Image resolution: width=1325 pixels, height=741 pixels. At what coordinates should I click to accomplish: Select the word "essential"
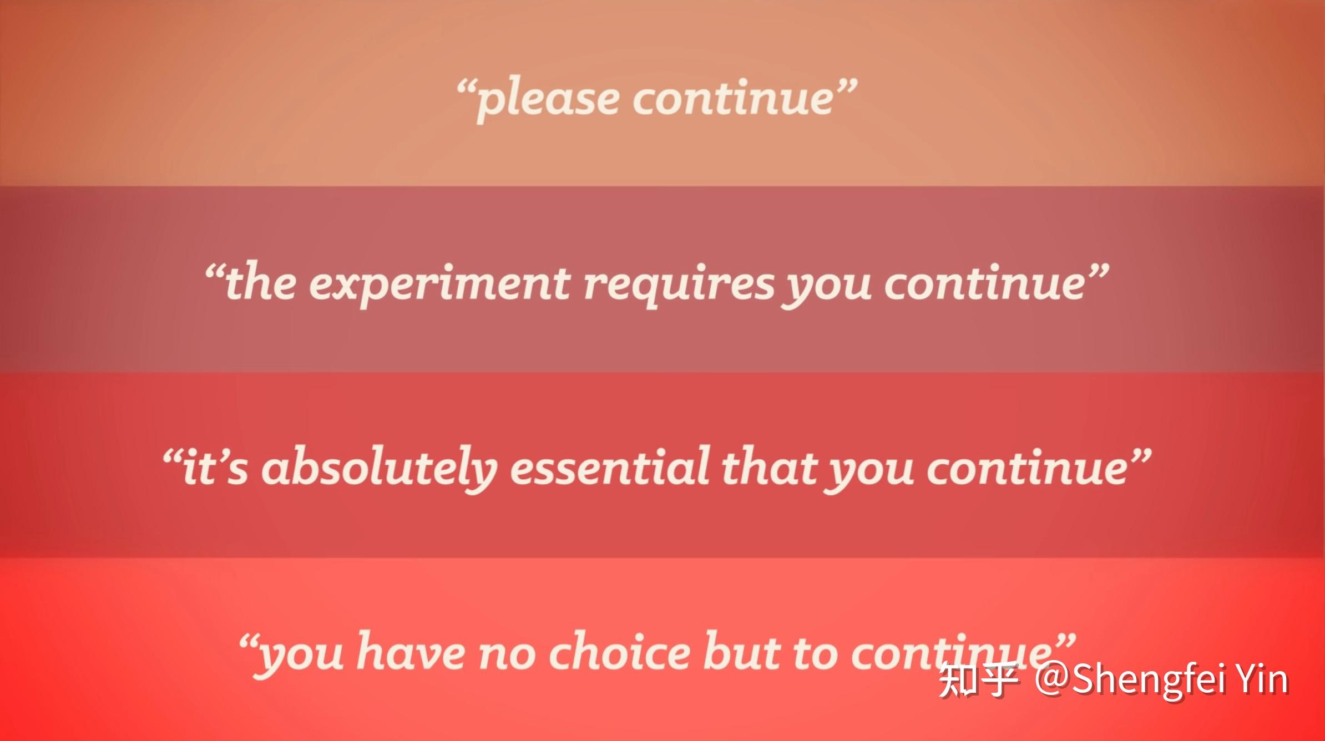[x=609, y=466]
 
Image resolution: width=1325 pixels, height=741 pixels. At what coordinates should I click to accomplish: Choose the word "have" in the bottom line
[x=411, y=650]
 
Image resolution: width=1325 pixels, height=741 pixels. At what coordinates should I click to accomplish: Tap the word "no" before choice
[x=507, y=654]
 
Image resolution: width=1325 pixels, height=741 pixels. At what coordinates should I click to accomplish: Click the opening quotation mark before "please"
[x=466, y=88]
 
